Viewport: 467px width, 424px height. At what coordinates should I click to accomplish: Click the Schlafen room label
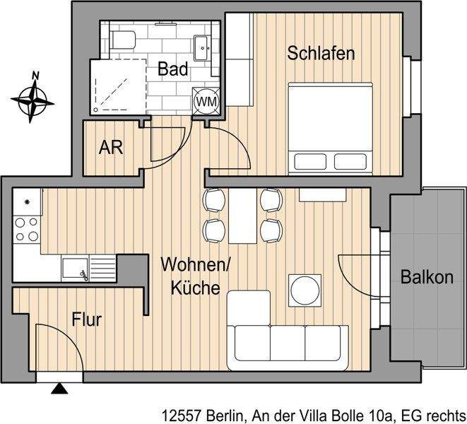320,54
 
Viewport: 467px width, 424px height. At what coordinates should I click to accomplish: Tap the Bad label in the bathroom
172,69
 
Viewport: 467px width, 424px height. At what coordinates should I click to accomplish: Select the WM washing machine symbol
206,101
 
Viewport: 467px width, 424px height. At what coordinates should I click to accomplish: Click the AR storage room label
112,148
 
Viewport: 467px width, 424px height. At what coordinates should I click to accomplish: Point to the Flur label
87,319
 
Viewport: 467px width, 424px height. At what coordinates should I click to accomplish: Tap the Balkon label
427,278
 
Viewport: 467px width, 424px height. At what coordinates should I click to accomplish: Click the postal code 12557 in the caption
182,414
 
